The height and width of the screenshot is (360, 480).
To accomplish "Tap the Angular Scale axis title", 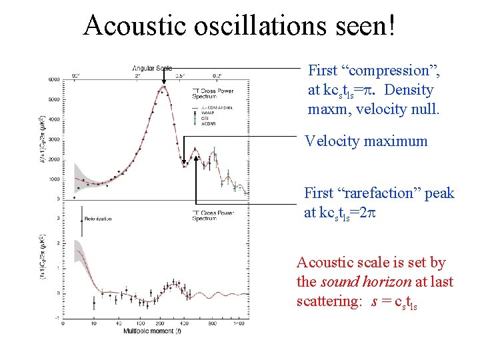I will [152, 68].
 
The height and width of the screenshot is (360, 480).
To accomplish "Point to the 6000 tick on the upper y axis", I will [54, 79].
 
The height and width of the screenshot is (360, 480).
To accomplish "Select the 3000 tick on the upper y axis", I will [54, 139].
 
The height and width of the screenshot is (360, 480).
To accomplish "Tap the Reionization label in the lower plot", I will [99, 218].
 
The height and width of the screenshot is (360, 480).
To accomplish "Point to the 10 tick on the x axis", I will [93, 323].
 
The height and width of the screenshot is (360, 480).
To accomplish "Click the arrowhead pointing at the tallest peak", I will [163, 85].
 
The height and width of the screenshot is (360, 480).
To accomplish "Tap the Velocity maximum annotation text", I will [365, 141].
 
